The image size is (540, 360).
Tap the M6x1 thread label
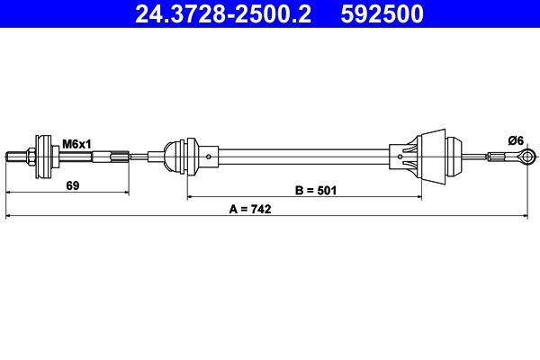(x=75, y=142)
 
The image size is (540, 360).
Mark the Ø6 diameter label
(x=516, y=139)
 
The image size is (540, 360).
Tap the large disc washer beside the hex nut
(x=40, y=158)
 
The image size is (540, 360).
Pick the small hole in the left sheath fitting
(x=209, y=158)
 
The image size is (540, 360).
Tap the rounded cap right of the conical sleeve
(x=452, y=157)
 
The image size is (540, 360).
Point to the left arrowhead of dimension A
(x=10, y=216)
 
